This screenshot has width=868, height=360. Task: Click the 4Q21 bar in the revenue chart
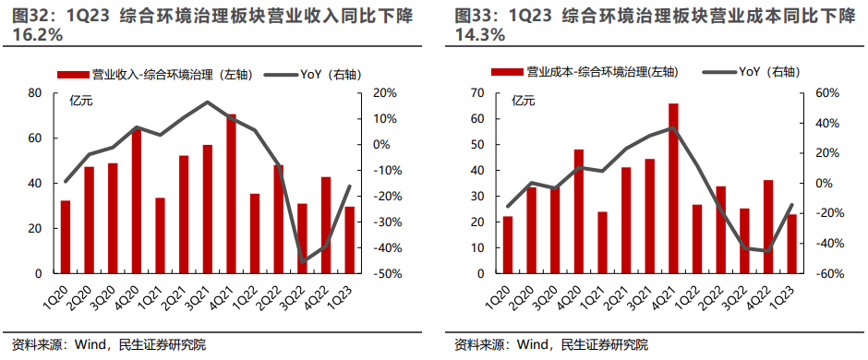[x=231, y=194]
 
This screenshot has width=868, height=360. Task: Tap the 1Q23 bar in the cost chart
[x=791, y=244]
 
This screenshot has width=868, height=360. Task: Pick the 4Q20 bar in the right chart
[x=579, y=211]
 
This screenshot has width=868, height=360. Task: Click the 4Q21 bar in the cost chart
[x=673, y=188]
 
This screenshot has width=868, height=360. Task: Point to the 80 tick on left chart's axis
[x=36, y=93]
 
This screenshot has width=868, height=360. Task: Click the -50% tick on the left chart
[x=386, y=274]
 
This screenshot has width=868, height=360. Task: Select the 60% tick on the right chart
[x=827, y=93]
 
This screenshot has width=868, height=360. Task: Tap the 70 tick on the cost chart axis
[x=476, y=93]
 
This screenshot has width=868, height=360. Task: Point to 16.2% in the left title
[x=37, y=35]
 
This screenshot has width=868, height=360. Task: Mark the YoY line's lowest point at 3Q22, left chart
[x=302, y=262]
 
